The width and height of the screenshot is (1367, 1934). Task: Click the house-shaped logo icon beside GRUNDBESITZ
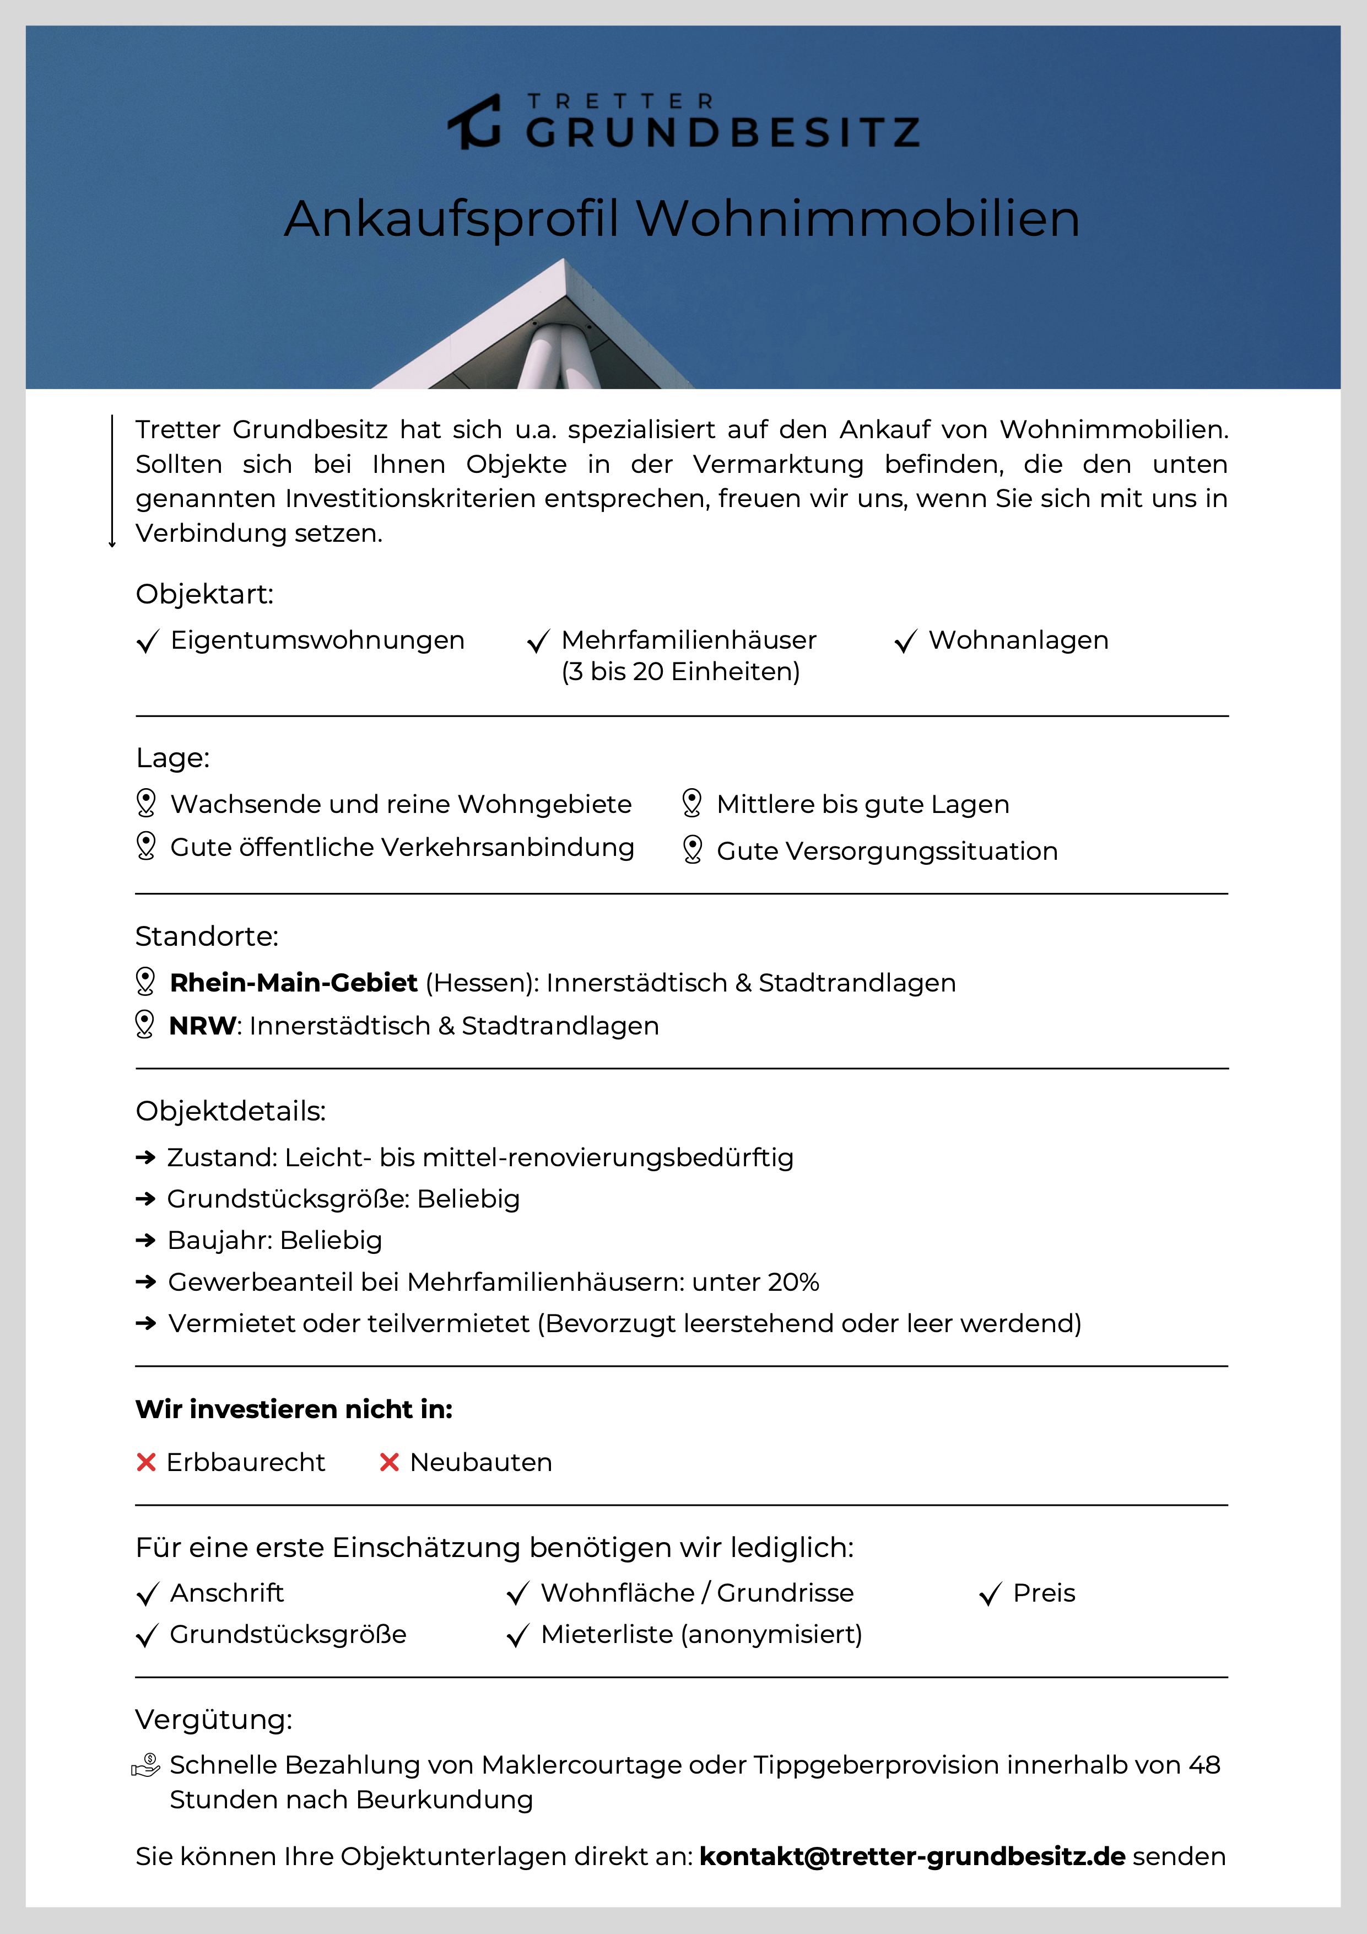[475, 122]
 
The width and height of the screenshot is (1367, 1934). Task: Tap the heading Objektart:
[204, 594]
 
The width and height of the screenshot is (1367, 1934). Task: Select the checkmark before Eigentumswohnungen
[148, 642]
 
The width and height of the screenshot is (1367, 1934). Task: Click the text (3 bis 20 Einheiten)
[680, 672]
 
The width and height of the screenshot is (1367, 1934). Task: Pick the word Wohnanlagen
[1018, 640]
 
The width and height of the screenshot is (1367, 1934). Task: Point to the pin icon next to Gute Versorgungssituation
[693, 849]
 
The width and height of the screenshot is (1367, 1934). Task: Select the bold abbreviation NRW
[203, 1026]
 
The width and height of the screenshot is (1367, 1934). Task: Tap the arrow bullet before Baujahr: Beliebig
[145, 1240]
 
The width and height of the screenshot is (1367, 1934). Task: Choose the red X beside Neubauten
[389, 1462]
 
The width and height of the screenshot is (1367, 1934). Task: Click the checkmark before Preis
[991, 1594]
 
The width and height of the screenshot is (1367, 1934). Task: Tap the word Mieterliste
[607, 1635]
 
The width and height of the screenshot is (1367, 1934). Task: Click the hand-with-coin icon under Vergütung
[145, 1765]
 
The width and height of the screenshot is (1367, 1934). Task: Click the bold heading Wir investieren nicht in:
[294, 1409]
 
